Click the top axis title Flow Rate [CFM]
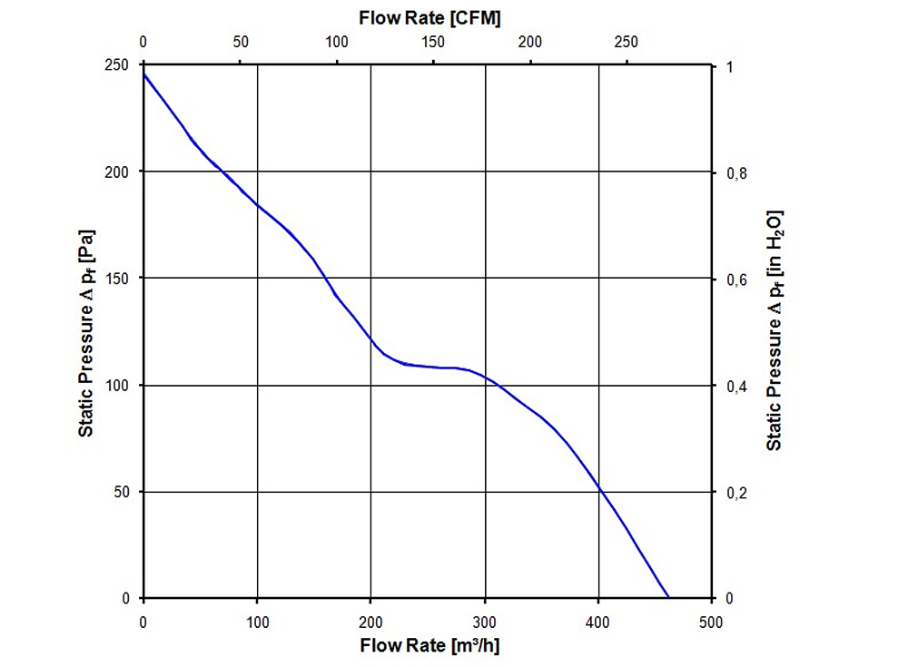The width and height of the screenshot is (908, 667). tap(429, 18)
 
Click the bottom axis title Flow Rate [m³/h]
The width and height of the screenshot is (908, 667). tap(429, 645)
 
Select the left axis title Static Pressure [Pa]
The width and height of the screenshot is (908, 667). tap(86, 333)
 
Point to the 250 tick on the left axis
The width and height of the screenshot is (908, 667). tap(116, 64)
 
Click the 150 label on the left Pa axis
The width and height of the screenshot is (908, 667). tap(116, 279)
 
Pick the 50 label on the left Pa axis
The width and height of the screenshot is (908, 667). tap(121, 492)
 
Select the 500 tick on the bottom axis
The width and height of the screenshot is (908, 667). tap(711, 623)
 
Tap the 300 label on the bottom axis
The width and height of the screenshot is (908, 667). tap(484, 623)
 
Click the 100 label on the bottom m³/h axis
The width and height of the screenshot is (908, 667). tap(257, 623)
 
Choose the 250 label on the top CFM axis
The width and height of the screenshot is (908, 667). tap(626, 42)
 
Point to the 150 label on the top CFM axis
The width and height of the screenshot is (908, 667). tap(433, 42)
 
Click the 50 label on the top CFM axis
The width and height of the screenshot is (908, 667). tap(241, 42)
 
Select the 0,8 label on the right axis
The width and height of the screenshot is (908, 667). tap(736, 173)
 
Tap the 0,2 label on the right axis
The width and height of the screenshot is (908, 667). tap(736, 493)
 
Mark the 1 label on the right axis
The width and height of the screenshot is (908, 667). tap(730, 66)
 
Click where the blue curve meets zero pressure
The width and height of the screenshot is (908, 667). tap(669, 597)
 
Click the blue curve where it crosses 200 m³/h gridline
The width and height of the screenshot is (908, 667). tap(370, 338)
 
